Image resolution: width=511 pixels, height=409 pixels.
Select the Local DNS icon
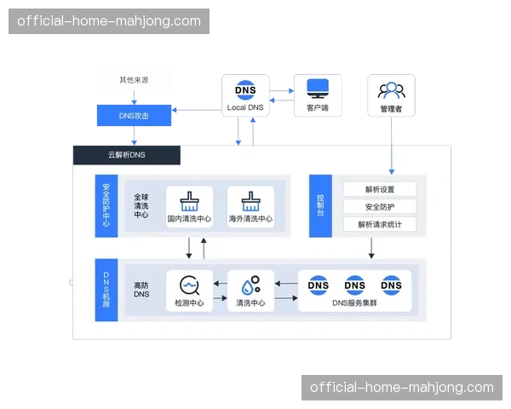[x=245, y=89]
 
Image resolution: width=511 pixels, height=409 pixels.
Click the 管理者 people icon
[x=391, y=89]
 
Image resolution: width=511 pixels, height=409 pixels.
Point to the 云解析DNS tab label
[x=127, y=155]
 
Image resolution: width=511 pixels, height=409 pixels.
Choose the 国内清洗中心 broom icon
[x=189, y=201]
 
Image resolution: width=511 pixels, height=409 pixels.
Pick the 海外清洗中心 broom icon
[x=250, y=201]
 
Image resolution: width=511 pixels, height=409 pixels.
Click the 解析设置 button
[x=379, y=189]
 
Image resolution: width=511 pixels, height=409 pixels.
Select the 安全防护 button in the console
[x=379, y=207]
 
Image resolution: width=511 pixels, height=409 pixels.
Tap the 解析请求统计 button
[x=379, y=225]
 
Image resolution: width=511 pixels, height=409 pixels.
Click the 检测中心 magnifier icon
[x=189, y=285]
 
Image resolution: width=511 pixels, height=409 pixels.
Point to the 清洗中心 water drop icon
[x=250, y=285]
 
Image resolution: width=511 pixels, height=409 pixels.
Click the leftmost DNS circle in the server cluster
[x=319, y=285]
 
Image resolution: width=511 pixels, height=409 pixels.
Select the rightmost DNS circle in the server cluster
[x=391, y=285]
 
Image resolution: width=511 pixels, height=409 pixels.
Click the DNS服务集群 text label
[x=355, y=303]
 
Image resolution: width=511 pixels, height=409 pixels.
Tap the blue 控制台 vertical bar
[x=320, y=205]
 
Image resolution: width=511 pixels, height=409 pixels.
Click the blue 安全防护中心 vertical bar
[x=106, y=205]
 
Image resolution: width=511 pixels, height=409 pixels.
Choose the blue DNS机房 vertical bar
[x=106, y=289]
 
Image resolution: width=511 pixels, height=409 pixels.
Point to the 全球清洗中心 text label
[x=141, y=205]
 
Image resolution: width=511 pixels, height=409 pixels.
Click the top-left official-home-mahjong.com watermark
[x=109, y=21]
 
